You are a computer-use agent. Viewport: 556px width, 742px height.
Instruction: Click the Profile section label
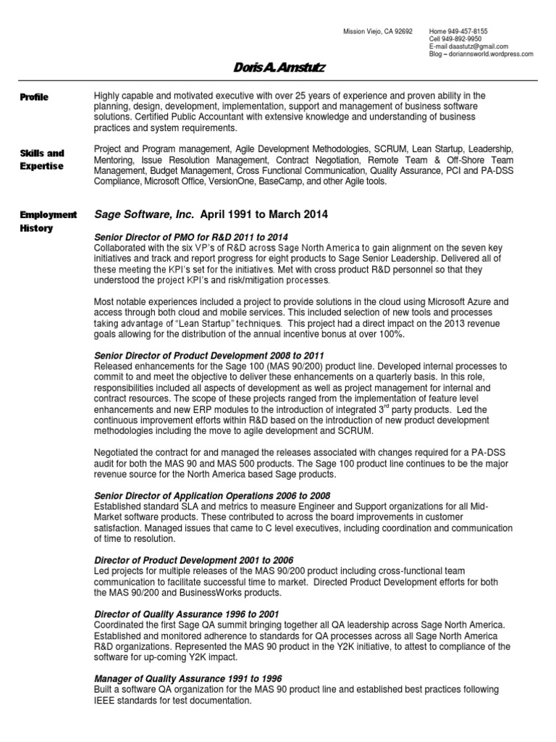[35, 97]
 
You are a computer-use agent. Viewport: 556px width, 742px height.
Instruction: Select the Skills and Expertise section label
[42, 159]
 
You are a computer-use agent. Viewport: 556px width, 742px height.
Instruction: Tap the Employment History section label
[48, 221]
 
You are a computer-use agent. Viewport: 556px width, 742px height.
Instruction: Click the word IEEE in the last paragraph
[106, 701]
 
